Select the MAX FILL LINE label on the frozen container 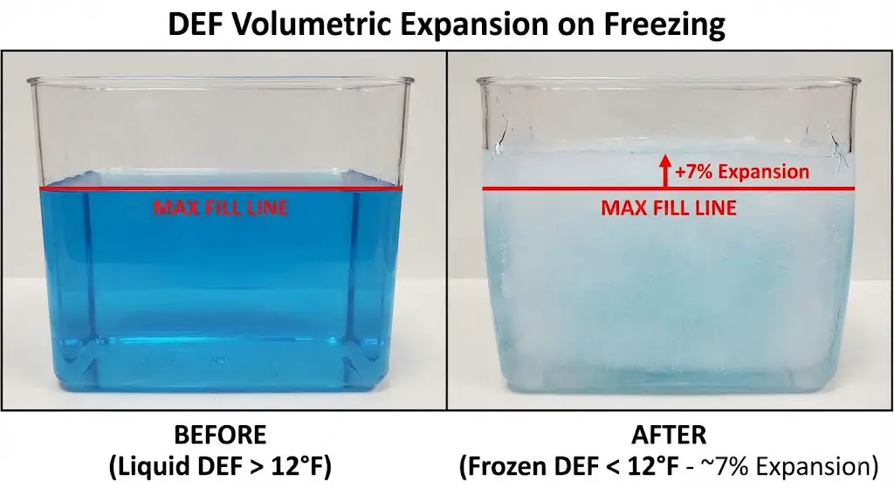tap(669, 209)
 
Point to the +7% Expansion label tap(742, 171)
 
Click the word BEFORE tap(220, 434)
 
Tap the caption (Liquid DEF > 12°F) tap(220, 465)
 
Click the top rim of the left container tap(220, 81)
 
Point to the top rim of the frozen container tap(668, 81)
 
